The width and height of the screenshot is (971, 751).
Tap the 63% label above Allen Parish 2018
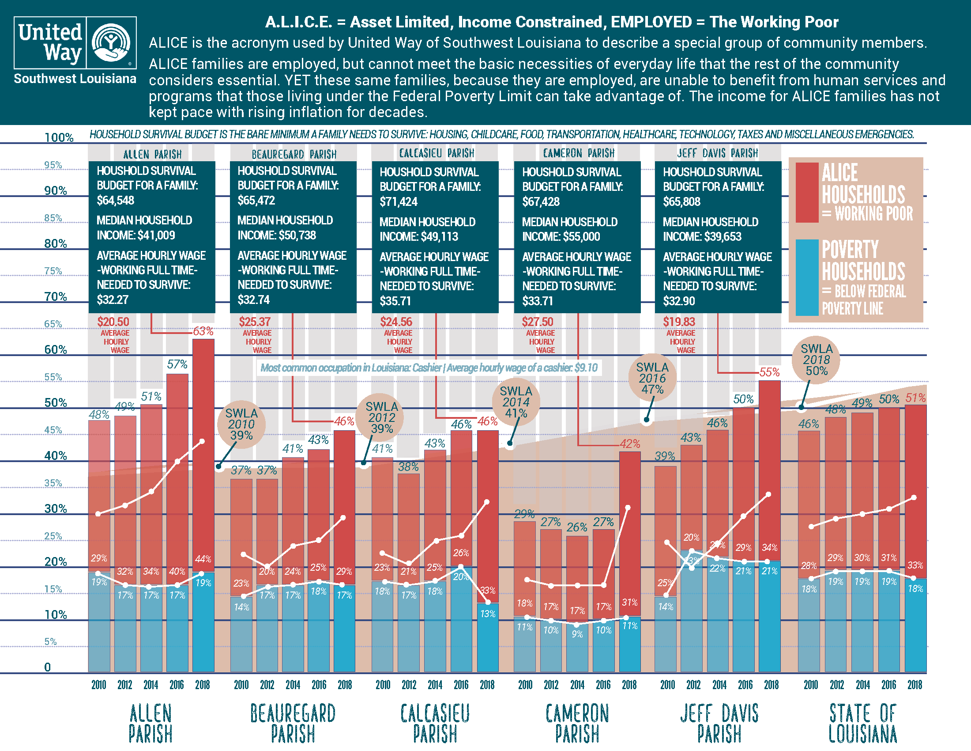point(203,331)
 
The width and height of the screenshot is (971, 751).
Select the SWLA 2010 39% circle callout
point(241,424)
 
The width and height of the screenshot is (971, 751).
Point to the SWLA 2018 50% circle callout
point(816,360)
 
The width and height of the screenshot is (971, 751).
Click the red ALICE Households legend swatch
point(806,192)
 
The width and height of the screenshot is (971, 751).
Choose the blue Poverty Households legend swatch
point(806,277)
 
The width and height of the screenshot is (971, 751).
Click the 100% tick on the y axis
point(59,137)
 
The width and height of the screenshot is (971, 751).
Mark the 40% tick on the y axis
point(56,455)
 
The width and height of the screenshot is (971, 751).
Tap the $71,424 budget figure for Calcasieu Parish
point(399,202)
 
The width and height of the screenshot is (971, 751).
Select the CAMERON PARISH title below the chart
point(577,723)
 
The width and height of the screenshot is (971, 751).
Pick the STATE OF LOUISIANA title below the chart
point(862,723)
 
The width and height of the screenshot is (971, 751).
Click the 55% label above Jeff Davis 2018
point(770,372)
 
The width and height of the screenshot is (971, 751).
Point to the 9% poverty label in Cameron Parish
point(577,634)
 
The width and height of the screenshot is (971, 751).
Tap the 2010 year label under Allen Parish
point(99,685)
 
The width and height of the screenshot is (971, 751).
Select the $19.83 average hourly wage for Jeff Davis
point(679,322)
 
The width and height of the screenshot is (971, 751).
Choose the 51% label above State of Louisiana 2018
point(916,398)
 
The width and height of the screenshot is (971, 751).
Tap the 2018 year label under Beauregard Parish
point(345,685)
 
